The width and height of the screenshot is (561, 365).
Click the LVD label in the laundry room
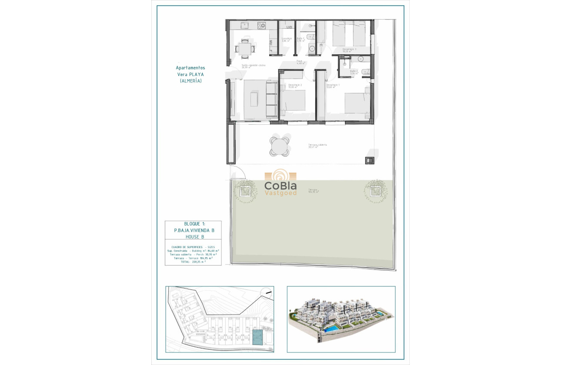289,27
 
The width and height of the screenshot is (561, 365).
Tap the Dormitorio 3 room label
349,50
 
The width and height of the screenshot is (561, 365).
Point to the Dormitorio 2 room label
295,85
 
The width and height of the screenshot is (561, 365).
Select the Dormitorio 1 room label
333,85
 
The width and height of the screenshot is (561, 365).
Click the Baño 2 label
354,71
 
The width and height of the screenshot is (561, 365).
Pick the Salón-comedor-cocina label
254,65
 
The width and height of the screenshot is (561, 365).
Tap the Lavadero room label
286,39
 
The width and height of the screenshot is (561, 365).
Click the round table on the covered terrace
279,146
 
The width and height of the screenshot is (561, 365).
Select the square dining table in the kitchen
246,48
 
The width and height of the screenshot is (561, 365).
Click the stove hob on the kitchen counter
262,26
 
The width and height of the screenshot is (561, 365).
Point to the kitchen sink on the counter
244,26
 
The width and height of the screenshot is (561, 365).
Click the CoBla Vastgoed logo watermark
281,182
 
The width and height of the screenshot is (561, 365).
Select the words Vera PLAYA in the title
190,74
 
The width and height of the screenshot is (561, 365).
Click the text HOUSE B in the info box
194,237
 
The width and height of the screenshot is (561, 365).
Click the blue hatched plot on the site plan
258,337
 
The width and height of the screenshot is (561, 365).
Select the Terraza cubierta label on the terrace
317,145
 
